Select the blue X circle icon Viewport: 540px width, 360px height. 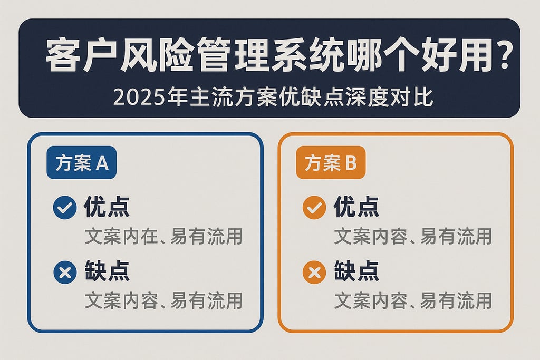click(65, 273)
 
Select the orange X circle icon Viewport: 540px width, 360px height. click(314, 273)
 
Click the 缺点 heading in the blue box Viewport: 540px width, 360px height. click(107, 273)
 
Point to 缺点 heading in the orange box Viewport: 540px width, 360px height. click(356, 273)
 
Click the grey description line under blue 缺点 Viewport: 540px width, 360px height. click(163, 301)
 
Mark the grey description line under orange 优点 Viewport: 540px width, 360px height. click(413, 237)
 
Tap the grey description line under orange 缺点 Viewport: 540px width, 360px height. click(413, 301)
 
